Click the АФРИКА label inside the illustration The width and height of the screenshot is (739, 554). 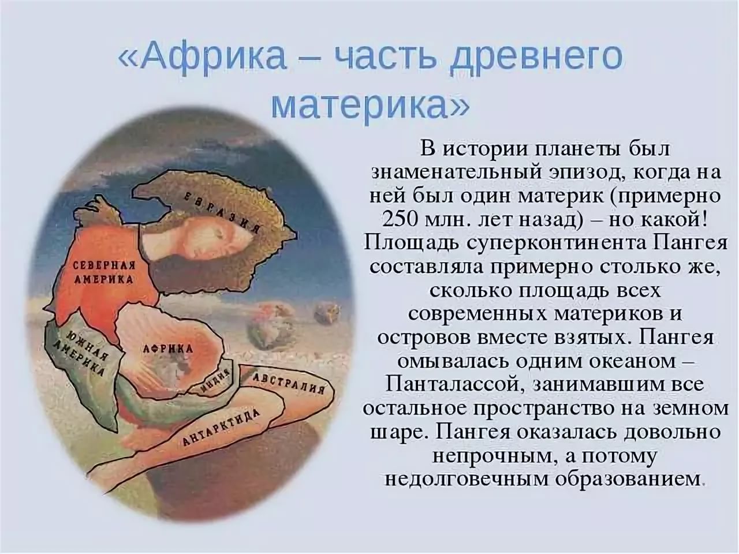(168, 349)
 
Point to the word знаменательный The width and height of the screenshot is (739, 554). (456, 173)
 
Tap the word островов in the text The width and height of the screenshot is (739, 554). (424, 338)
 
